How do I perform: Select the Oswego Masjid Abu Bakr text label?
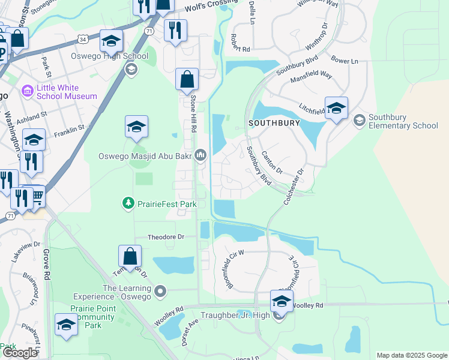coord(145,156)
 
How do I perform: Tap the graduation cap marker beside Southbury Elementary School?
coord(336,109)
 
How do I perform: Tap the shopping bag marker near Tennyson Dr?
coord(130,256)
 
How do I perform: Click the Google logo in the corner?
coord(20,353)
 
